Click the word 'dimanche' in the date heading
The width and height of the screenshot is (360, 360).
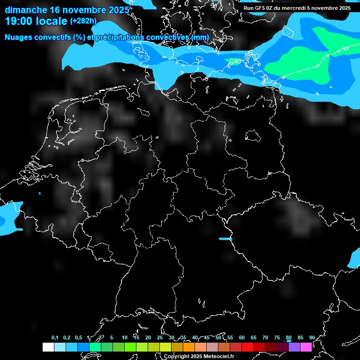(x=25, y=10)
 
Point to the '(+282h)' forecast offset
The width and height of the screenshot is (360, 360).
(x=83, y=21)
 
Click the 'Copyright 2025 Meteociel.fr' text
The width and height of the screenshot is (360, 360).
(x=199, y=356)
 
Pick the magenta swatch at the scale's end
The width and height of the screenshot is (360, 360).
(x=306, y=347)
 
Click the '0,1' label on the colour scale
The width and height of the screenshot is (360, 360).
(x=55, y=338)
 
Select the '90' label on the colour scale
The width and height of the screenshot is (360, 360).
(x=312, y=338)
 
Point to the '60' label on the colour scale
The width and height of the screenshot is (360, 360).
(x=242, y=338)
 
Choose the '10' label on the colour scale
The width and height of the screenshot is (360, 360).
(x=124, y=338)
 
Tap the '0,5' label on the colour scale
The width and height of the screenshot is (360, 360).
(x=78, y=338)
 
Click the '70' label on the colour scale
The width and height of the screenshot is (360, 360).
(x=265, y=338)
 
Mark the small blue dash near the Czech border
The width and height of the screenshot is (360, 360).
(x=225, y=239)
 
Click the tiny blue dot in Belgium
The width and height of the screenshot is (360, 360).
(x=40, y=193)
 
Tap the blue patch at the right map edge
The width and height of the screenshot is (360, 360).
(x=354, y=258)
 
